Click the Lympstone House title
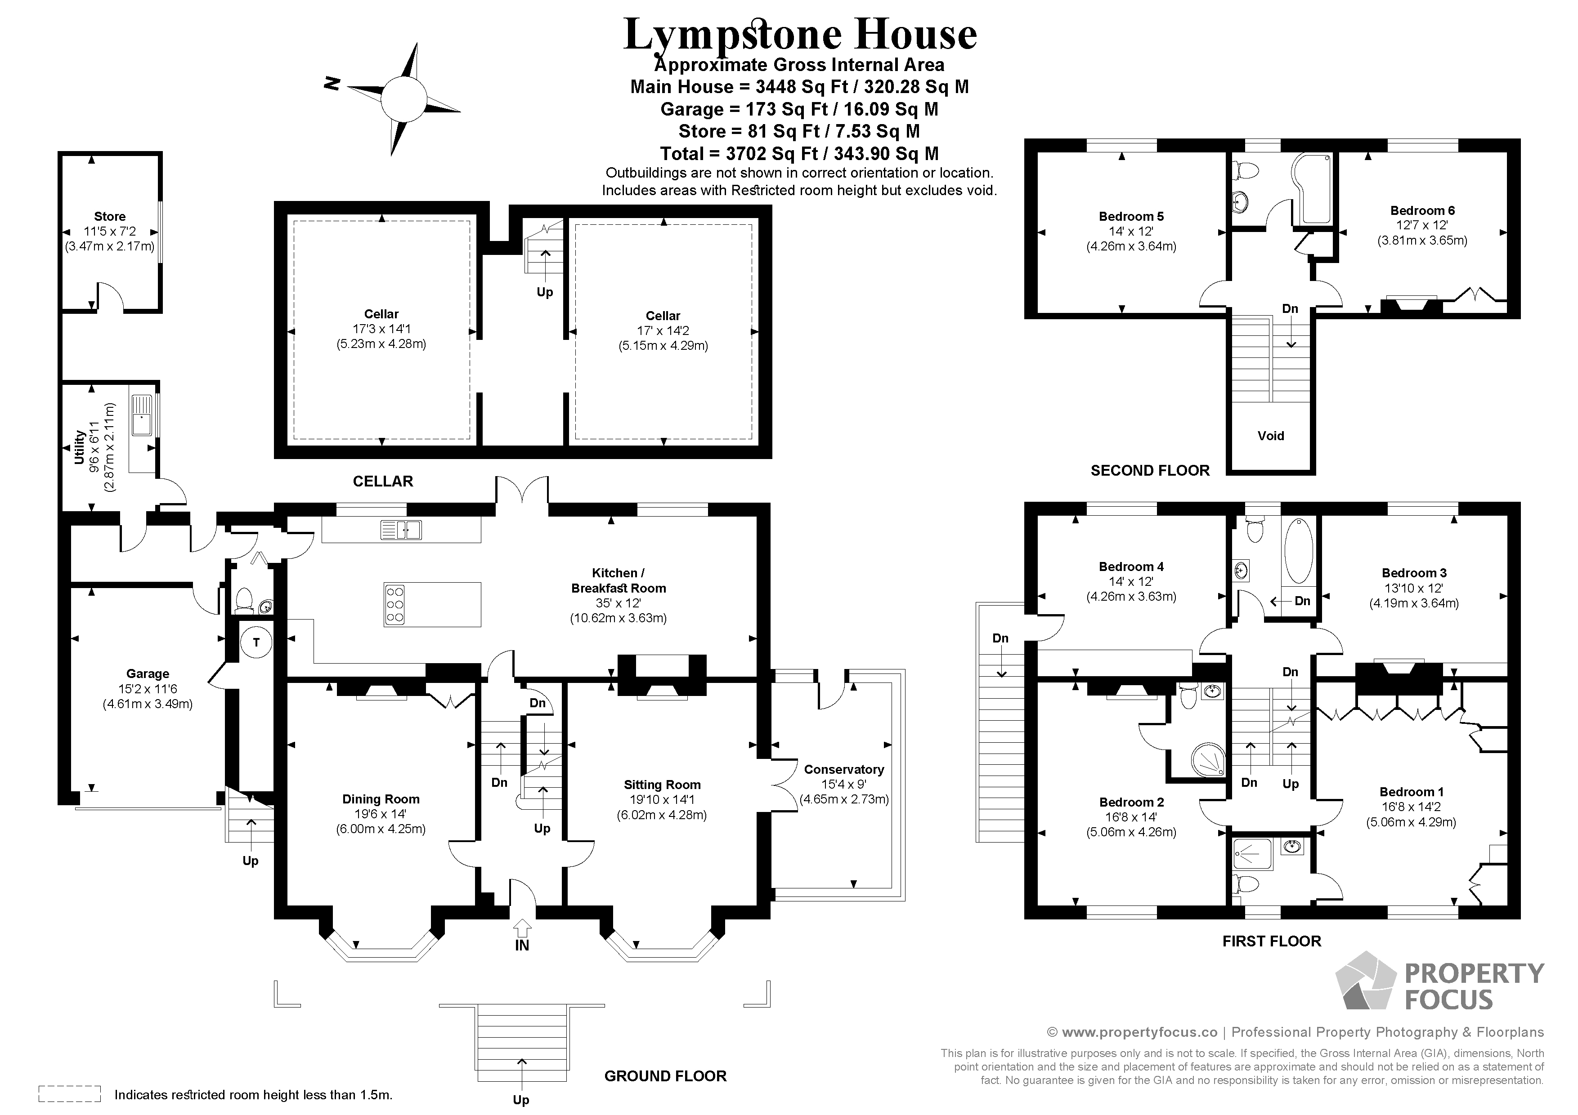[x=799, y=34]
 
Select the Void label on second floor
[x=1271, y=436]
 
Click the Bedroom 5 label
[x=1130, y=216]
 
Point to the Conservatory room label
[x=843, y=769]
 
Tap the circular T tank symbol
[x=256, y=642]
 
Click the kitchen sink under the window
[x=401, y=530]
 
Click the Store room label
[x=110, y=216]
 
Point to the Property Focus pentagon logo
[x=1366, y=982]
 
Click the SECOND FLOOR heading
[x=1150, y=471]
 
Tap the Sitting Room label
[x=662, y=785]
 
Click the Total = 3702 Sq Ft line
[x=799, y=153]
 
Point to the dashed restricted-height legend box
[x=69, y=1094]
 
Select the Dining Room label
[x=381, y=799]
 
